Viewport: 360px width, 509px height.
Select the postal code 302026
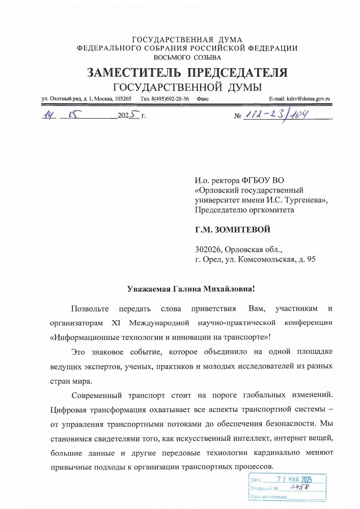tap(208, 250)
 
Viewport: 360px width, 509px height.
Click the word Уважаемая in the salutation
tap(150, 289)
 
